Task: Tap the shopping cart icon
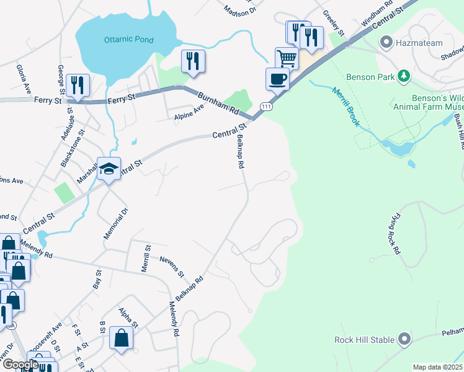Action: tap(287, 58)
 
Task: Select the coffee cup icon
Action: tap(277, 79)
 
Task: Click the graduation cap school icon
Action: tap(109, 169)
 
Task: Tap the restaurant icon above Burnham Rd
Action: tap(193, 61)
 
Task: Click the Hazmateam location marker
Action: tap(386, 43)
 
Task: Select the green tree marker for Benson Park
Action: tap(404, 76)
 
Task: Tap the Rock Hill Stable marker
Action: tap(404, 339)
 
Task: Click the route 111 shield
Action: tap(265, 107)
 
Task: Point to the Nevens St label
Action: tap(172, 266)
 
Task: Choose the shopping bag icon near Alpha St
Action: tap(121, 338)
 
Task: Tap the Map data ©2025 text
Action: tap(437, 367)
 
